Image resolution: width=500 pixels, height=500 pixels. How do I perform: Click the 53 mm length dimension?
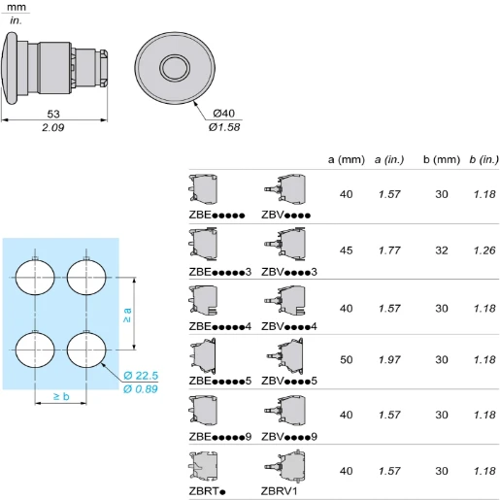pos(53,114)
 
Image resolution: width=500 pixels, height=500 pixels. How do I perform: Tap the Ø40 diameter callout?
pos(224,114)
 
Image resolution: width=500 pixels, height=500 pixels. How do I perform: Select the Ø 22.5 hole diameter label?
pos(141,376)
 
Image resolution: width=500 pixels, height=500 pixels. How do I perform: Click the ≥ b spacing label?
pos(61,396)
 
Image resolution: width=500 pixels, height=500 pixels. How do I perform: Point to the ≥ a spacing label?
pos(127,315)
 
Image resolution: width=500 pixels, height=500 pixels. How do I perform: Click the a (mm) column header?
pos(347,159)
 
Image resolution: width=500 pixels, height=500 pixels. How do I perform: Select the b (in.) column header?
pos(484,159)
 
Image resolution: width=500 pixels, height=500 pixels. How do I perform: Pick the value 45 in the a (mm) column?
pos(346,250)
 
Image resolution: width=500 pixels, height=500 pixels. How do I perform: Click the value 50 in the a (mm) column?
pos(346,359)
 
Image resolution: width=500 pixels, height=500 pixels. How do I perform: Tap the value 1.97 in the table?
pos(389,359)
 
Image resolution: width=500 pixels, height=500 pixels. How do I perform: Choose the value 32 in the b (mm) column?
pos(442,250)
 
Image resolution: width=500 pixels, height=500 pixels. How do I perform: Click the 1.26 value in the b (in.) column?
pos(484,250)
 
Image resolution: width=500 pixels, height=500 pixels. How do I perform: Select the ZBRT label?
pos(207,491)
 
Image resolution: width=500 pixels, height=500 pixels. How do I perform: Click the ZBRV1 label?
pos(279,491)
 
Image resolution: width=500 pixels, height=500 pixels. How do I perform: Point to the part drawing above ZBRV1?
pos(285,466)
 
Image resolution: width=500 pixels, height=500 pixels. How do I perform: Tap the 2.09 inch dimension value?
pos(53,127)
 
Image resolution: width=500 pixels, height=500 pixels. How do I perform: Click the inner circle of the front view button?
pos(175,68)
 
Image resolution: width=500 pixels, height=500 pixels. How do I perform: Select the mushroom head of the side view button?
pos(10,68)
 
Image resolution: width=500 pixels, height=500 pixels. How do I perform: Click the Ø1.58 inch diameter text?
pos(224,127)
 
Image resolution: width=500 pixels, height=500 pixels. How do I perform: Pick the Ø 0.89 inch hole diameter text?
pos(141,388)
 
